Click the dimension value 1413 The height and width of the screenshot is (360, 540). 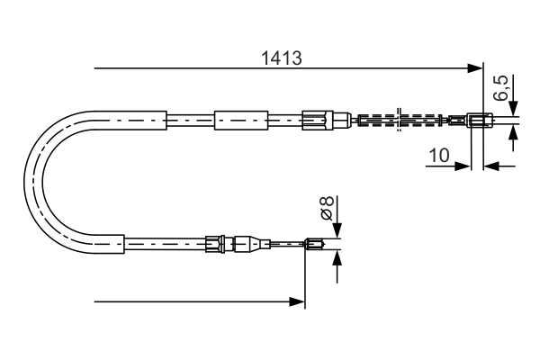(x=281, y=56)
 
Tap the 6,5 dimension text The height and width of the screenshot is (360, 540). (x=502, y=90)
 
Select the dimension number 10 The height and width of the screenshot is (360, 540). (x=438, y=155)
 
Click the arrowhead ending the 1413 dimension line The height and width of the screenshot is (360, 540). (x=476, y=67)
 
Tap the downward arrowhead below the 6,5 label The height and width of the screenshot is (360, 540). (x=512, y=109)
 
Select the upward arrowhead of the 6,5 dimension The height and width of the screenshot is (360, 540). (x=512, y=133)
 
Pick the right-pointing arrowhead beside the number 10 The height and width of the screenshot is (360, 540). (x=463, y=166)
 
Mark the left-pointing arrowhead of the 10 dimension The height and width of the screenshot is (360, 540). (x=491, y=166)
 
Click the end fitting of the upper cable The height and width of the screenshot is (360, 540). (x=480, y=119)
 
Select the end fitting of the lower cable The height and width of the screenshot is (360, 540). (x=315, y=242)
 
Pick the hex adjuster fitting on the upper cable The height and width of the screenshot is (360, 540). (x=315, y=119)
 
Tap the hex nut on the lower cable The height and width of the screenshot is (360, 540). (x=213, y=242)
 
